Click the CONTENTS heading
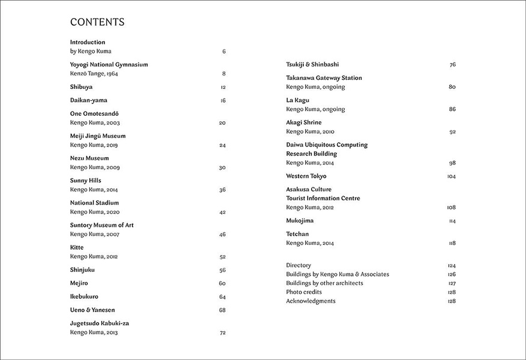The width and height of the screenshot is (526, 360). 97,22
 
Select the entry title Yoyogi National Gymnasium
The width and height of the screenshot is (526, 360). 109,64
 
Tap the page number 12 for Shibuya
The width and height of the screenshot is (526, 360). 223,87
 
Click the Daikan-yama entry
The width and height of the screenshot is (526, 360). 88,100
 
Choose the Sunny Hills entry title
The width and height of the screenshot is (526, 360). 85,181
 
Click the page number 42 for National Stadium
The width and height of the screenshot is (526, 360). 222,212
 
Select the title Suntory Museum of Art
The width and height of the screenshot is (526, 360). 101,225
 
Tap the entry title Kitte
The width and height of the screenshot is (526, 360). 77,247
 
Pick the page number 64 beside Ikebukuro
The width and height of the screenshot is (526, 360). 222,297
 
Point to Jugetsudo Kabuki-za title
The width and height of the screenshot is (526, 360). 100,323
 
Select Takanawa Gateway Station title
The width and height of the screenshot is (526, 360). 324,78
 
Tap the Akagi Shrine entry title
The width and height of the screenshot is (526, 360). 303,122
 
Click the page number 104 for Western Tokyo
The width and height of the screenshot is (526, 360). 452,176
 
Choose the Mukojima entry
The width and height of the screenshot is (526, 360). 300,221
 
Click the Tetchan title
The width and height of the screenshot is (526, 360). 297,234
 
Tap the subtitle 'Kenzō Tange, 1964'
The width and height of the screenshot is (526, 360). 94,74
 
